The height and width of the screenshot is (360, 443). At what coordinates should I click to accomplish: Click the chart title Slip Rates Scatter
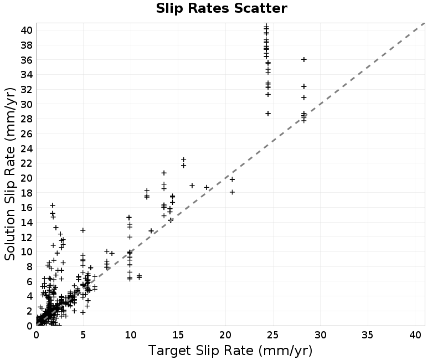221,8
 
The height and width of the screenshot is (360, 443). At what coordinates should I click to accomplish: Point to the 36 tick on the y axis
27,60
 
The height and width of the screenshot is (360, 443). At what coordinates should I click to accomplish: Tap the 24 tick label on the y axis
27,148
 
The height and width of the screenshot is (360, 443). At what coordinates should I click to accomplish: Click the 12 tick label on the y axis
27,238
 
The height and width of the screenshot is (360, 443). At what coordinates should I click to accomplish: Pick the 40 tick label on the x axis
415,335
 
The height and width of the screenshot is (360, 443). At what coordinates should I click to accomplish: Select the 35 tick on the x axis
368,335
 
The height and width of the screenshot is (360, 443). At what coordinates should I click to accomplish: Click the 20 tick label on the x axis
225,335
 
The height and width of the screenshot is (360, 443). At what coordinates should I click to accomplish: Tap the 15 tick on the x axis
178,335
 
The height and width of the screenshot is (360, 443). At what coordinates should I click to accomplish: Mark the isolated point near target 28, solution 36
304,59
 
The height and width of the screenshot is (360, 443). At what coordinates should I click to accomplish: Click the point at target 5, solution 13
83,230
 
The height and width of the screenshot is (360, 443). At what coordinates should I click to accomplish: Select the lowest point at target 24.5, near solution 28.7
268,114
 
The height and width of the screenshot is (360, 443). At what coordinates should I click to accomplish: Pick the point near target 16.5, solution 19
192,186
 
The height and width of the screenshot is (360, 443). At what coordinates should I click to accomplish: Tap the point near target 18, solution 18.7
207,187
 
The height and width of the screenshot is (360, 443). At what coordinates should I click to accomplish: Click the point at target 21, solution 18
232,192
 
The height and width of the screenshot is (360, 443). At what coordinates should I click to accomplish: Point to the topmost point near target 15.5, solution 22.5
184,160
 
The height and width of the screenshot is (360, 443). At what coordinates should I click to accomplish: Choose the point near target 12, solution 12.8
151,231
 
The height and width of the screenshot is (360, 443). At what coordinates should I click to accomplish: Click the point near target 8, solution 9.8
112,253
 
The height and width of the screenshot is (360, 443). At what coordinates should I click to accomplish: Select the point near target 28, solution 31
304,97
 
